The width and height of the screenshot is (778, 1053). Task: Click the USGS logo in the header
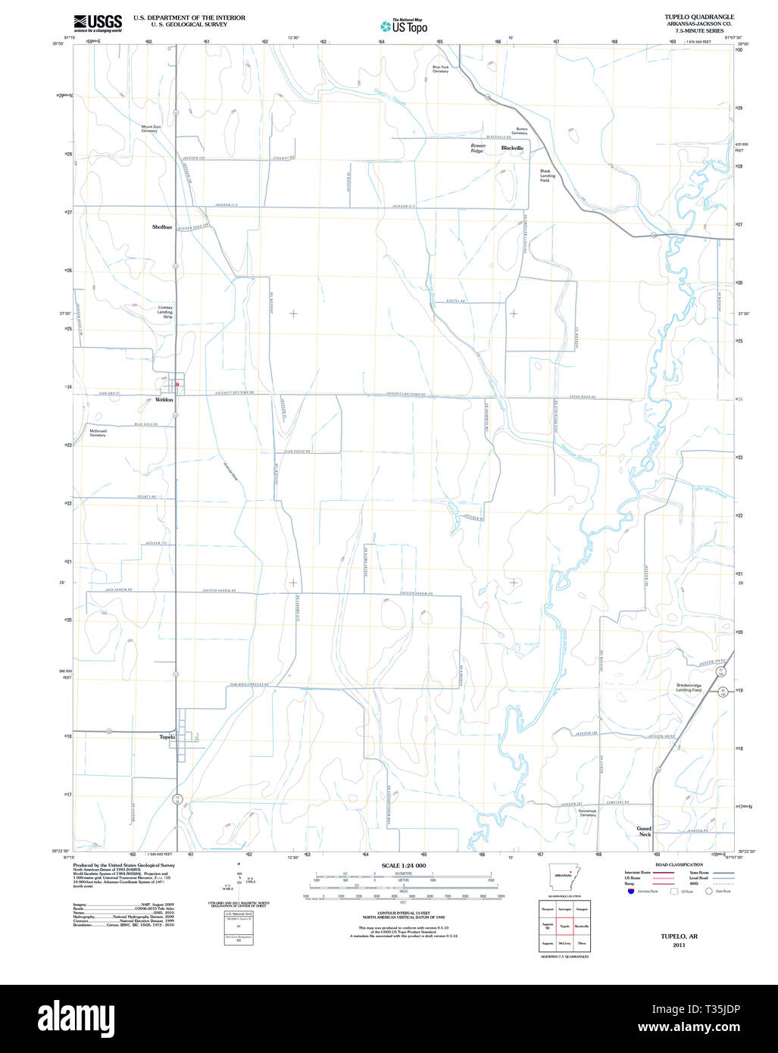(98, 23)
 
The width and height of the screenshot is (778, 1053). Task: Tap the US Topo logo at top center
(404, 27)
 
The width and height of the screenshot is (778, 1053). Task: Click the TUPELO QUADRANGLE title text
(698, 17)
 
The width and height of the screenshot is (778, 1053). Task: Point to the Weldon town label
(164, 399)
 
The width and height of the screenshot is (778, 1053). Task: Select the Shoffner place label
(162, 227)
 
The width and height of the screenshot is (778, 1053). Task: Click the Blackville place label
(512, 148)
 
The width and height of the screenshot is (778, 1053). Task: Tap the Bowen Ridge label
(477, 148)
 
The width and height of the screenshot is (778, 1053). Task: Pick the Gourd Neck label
(644, 831)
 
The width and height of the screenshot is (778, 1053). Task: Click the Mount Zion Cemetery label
(151, 129)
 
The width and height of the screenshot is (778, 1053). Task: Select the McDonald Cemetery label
(98, 433)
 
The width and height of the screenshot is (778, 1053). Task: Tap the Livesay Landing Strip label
(165, 311)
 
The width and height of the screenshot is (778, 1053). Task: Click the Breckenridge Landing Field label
(689, 688)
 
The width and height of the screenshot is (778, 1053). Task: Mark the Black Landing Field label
(547, 176)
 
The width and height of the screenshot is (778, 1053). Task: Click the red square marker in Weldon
(177, 384)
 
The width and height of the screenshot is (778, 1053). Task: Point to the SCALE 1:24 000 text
(404, 865)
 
